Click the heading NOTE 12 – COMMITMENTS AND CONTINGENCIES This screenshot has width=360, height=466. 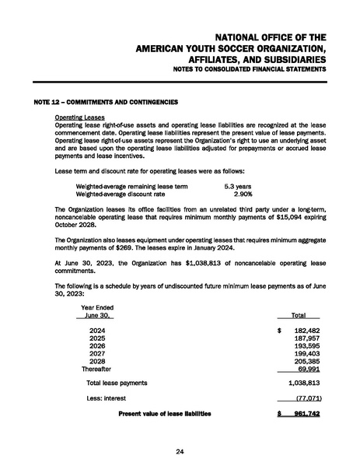(x=107, y=103)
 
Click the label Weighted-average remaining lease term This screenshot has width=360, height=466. (x=131, y=187)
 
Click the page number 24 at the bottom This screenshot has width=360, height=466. (x=180, y=452)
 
